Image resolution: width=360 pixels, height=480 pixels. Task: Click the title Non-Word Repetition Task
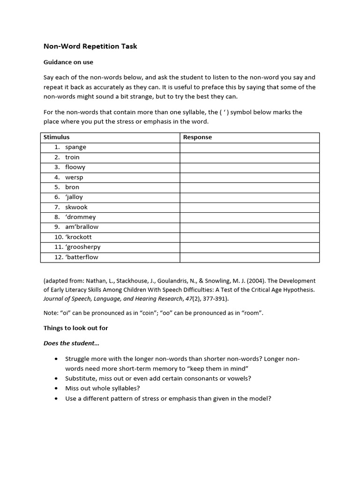(x=90, y=46)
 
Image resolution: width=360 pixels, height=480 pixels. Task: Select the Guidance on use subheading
(x=68, y=62)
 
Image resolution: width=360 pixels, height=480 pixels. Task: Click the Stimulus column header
(x=56, y=137)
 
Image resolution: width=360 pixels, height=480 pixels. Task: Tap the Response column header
(x=197, y=137)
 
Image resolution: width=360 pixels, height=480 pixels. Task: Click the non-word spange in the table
(x=75, y=147)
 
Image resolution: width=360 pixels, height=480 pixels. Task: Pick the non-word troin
(x=72, y=157)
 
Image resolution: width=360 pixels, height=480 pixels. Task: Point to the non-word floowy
(x=75, y=167)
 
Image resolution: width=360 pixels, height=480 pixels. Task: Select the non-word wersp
(x=74, y=177)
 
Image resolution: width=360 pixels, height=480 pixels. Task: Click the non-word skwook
(x=76, y=207)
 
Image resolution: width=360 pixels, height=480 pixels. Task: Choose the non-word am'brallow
(x=82, y=227)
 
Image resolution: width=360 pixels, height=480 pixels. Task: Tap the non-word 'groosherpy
(x=82, y=247)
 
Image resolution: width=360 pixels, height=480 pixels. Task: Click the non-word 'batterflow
(x=82, y=257)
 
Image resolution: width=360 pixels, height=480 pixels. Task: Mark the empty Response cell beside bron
(x=249, y=187)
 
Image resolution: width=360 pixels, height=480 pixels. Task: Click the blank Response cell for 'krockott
(x=249, y=237)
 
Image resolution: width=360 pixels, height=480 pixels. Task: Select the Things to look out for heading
(x=76, y=328)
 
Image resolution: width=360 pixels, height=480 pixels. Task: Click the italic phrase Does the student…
(x=71, y=343)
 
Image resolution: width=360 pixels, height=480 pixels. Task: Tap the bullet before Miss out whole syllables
(x=56, y=388)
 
